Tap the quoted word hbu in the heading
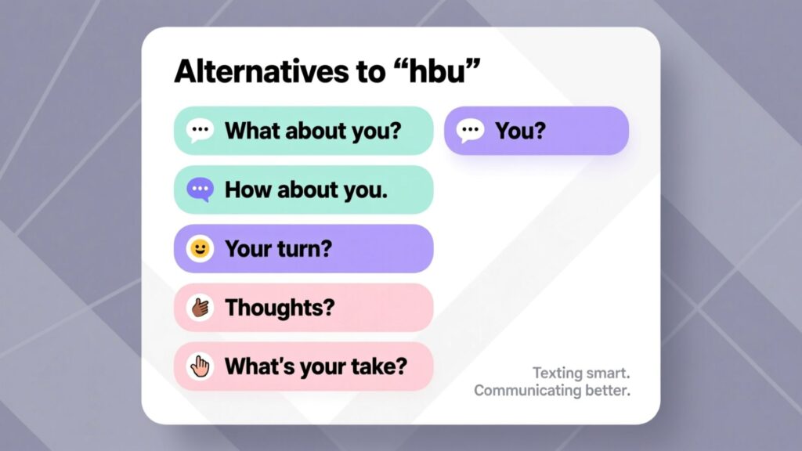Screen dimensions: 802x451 (439, 70)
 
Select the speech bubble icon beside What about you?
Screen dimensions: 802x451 (200, 131)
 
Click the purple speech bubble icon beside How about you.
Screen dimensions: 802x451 (200, 189)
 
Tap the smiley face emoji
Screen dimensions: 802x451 (200, 248)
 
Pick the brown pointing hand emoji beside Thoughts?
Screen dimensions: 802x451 (200, 308)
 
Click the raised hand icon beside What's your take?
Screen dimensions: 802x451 (200, 366)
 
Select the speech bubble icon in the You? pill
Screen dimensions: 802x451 (470, 131)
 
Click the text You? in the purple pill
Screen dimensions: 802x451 (520, 131)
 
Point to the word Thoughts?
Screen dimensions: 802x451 (280, 308)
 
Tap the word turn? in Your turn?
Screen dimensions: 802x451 (305, 249)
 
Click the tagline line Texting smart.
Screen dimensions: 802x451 (581, 373)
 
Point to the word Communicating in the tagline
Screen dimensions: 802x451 (527, 390)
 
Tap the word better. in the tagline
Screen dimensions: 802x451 (608, 390)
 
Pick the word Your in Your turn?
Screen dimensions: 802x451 (248, 249)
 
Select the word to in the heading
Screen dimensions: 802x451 (370, 71)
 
